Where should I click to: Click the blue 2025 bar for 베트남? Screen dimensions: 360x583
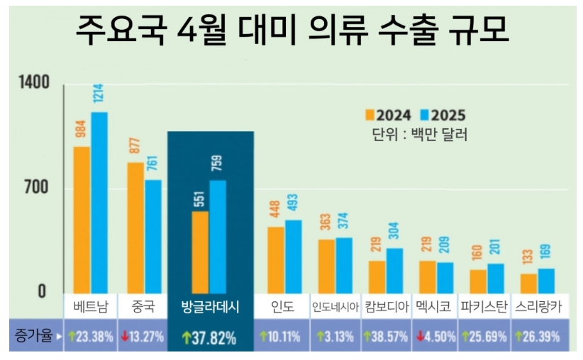[x=99, y=202]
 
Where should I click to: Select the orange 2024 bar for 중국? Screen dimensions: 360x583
[x=135, y=227]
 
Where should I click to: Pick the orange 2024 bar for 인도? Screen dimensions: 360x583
[x=276, y=259]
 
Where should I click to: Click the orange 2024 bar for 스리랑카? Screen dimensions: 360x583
[x=528, y=282]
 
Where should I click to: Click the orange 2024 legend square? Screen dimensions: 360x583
[x=369, y=115]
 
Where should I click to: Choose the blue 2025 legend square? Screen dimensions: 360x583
[x=423, y=115]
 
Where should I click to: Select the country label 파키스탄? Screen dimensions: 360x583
[x=483, y=307]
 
